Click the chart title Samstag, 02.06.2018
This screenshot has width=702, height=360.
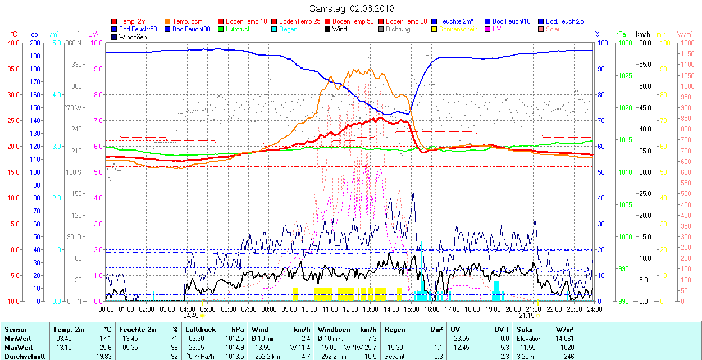click(x=352, y=8)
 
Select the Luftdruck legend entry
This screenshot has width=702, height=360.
click(x=238, y=29)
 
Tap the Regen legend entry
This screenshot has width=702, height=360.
click(x=288, y=29)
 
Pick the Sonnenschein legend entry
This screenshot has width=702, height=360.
click(x=458, y=29)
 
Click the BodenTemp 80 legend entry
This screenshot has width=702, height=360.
click(x=406, y=21)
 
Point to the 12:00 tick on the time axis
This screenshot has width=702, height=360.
click(x=350, y=309)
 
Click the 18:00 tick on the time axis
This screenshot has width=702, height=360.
click(x=472, y=309)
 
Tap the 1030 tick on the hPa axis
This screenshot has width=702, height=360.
click(x=623, y=43)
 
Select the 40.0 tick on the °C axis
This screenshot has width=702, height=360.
click(x=12, y=43)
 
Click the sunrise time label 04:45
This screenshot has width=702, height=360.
click(x=191, y=316)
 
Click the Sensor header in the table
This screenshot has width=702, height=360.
click(x=15, y=330)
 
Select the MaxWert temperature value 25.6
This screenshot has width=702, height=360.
click(x=105, y=348)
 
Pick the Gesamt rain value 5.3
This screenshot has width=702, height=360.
click(x=438, y=356)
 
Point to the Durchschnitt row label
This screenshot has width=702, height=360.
click(x=25, y=356)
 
